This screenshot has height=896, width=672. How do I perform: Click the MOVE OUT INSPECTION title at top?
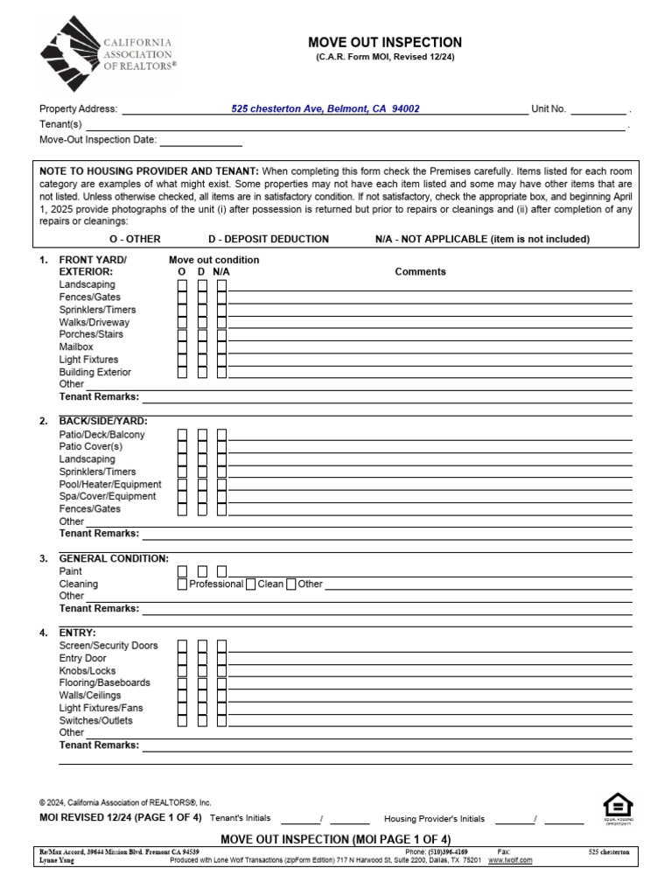(384, 42)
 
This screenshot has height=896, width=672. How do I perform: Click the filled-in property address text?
(325, 109)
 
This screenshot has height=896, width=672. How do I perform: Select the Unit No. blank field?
(599, 110)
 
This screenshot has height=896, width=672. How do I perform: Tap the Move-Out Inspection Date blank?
(200, 140)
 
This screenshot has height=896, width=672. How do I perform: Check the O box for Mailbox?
(183, 347)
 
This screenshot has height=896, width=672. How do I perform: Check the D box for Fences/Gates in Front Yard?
(202, 297)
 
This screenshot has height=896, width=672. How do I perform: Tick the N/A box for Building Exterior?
(222, 372)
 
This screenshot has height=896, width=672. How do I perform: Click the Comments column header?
(420, 272)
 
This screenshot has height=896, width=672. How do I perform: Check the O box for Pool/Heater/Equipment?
(183, 485)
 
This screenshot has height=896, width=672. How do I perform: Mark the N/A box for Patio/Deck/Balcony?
(222, 435)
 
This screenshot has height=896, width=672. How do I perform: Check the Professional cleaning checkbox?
(183, 584)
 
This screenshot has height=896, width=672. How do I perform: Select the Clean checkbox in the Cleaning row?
(251, 584)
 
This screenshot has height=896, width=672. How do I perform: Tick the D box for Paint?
(202, 571)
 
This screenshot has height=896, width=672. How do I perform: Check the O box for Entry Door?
(183, 658)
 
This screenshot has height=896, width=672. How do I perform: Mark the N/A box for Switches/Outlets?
(222, 720)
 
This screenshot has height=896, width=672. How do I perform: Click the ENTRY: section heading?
(77, 633)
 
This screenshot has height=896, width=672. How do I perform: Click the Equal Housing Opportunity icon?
(618, 808)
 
